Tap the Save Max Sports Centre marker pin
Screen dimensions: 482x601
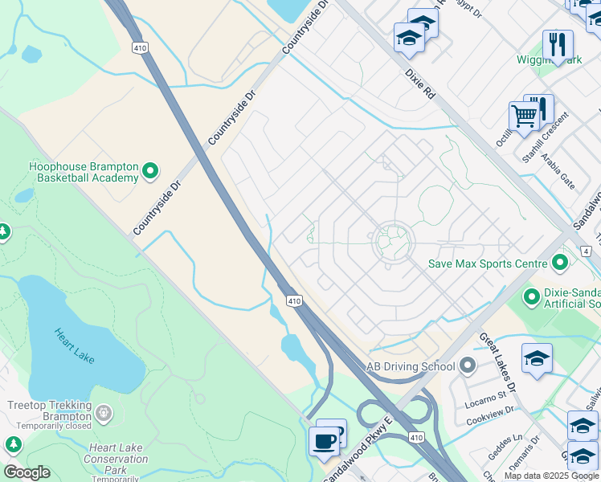coord(560,263)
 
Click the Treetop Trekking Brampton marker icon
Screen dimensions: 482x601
coord(104,413)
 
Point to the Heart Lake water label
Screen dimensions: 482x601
coord(74,343)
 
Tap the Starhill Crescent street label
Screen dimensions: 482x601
coord(545,137)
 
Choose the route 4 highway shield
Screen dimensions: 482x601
coord(587,251)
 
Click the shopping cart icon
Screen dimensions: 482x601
coord(524,116)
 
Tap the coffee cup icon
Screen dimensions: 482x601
coord(324,440)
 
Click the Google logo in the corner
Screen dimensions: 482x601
coord(27,472)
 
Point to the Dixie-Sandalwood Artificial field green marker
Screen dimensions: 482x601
coord(530,297)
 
